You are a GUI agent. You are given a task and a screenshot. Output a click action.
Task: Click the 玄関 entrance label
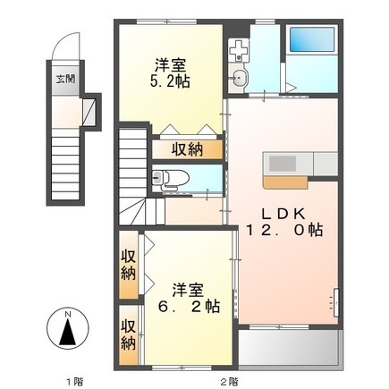[x=66, y=79]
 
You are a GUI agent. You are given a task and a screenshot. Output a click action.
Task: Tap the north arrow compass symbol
[x=68, y=330]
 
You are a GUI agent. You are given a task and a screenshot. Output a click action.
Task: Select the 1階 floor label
[x=74, y=381]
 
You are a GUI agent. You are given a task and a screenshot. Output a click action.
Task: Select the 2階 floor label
[x=230, y=381]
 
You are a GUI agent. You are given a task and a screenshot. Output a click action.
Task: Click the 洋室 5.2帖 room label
[x=170, y=73]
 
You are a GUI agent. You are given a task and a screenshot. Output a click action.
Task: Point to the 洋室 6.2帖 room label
[x=189, y=298]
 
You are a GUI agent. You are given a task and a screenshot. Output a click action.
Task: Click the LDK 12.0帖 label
[x=283, y=222]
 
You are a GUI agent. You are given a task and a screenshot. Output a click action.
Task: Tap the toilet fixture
[x=171, y=179]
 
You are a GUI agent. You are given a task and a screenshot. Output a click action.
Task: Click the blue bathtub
[x=312, y=39]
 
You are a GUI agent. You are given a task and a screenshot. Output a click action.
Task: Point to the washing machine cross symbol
[x=238, y=51]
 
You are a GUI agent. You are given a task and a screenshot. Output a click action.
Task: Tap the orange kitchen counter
[x=285, y=182]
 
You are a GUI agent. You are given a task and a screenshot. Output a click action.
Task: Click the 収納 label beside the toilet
[x=187, y=149]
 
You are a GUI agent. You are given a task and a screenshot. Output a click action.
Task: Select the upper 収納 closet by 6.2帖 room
[x=129, y=265]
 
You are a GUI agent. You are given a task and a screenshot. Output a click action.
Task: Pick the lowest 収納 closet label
[x=129, y=334]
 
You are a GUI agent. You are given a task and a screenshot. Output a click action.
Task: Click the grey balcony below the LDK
[x=290, y=347]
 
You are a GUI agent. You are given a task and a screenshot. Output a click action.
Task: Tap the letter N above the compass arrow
[x=68, y=314]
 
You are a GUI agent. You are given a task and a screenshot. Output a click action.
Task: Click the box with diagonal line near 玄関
[x=89, y=112]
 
